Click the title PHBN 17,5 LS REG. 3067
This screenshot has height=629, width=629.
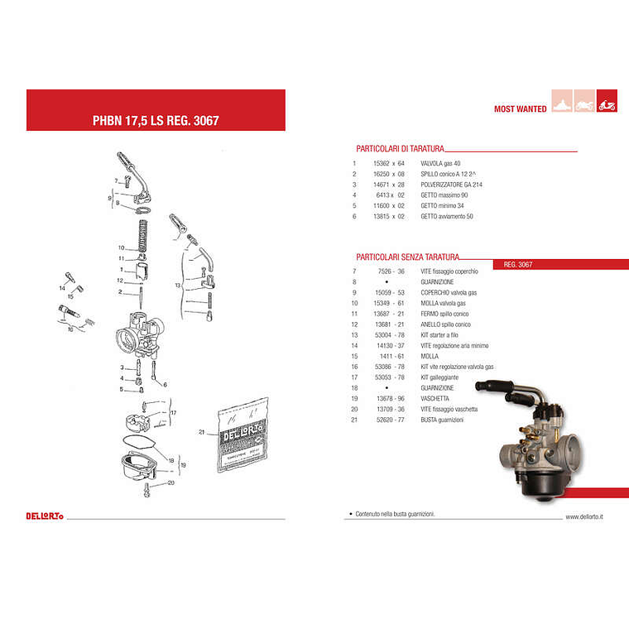[156, 120]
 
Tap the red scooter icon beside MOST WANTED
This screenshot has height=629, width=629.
[607, 106]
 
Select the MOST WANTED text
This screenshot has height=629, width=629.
[520, 109]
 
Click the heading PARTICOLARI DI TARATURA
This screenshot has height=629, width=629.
[400, 149]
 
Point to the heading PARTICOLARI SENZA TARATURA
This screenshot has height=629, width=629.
[407, 257]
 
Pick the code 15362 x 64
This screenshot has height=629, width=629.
[389, 163]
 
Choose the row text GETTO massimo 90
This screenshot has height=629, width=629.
[446, 195]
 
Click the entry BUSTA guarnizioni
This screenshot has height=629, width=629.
[442, 420]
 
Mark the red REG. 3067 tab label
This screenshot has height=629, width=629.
[518, 265]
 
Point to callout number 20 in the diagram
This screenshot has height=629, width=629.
[170, 483]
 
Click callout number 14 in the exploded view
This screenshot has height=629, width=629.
[62, 287]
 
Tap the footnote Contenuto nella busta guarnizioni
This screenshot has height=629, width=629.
[395, 514]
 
